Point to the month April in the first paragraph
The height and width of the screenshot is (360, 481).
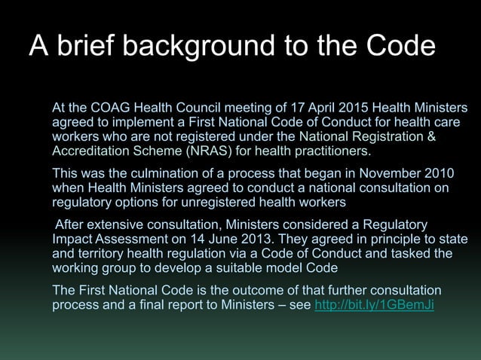coord(305,108)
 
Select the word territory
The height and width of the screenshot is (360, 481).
coord(102,254)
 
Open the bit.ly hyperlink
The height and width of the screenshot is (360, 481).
coord(373,306)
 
